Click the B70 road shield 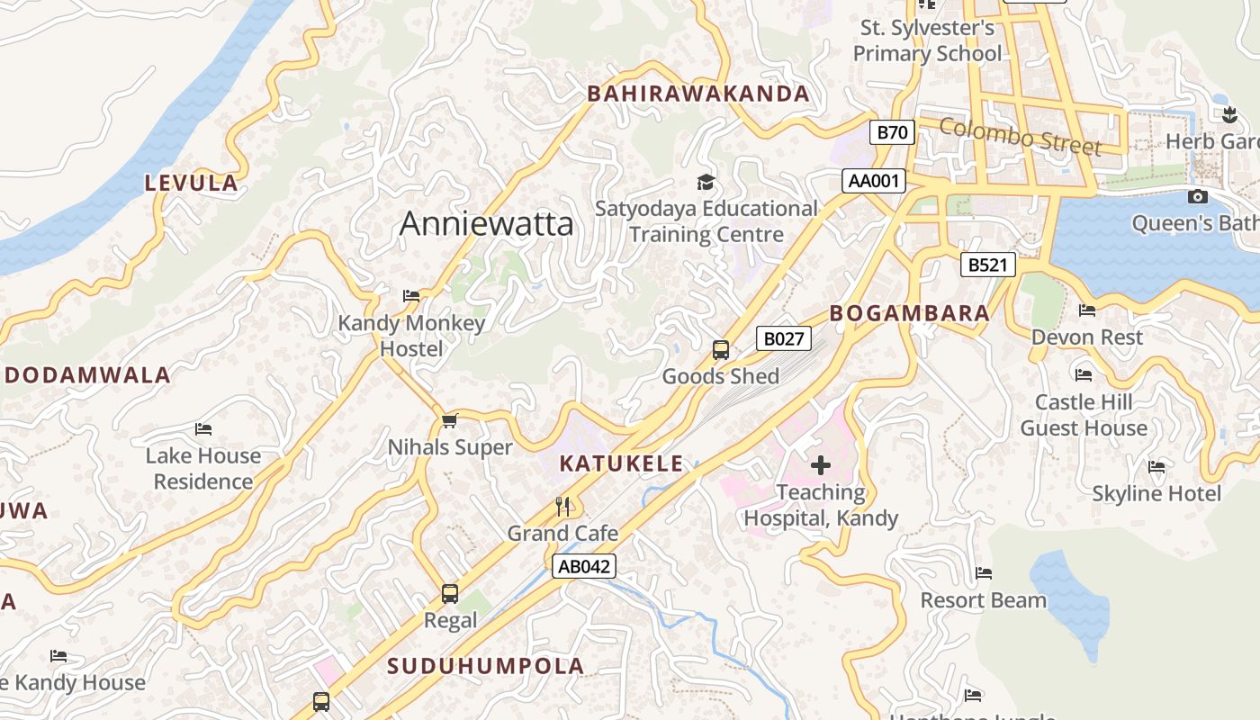892,132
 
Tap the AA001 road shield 874,181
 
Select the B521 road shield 987,265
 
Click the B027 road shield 783,338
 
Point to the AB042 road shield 584,566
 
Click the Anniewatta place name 486,223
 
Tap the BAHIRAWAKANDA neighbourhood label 698,94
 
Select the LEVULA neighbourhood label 192,183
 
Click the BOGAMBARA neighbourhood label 909,313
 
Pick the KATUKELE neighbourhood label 621,464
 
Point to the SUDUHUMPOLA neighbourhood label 486,666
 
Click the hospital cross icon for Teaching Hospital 820,465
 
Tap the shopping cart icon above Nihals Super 450,420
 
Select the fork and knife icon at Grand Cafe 562,507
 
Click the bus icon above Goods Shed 720,350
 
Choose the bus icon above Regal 450,594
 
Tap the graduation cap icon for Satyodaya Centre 706,183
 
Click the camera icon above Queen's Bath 1197,196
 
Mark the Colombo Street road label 1020,135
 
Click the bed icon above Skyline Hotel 1156,466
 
